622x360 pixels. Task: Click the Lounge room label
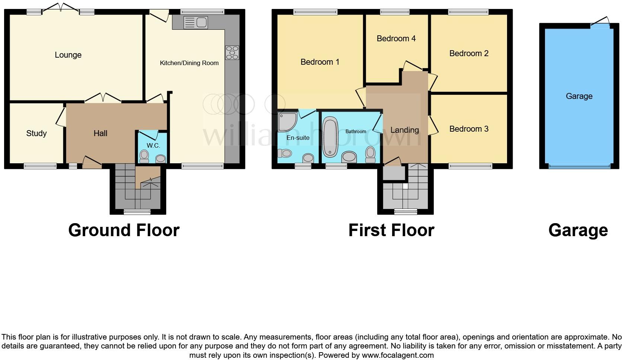click(x=68, y=55)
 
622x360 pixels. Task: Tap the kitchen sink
click(x=196, y=22)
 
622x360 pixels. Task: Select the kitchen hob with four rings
click(x=232, y=52)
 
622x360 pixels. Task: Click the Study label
click(x=36, y=133)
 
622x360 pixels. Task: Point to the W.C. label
click(x=153, y=145)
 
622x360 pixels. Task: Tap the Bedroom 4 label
click(x=396, y=39)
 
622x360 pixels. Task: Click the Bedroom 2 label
click(x=469, y=54)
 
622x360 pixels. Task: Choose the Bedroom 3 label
click(x=469, y=129)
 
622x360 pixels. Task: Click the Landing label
click(x=404, y=130)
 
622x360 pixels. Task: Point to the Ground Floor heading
click(x=124, y=230)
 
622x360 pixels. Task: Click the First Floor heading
click(x=391, y=230)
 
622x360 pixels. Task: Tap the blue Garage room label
click(x=579, y=96)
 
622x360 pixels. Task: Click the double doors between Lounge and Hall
click(x=103, y=98)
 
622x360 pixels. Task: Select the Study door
click(x=60, y=115)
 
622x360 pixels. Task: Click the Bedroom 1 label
click(x=320, y=62)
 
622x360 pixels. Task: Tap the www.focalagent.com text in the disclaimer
click(x=397, y=355)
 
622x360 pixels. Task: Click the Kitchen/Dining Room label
click(x=189, y=63)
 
